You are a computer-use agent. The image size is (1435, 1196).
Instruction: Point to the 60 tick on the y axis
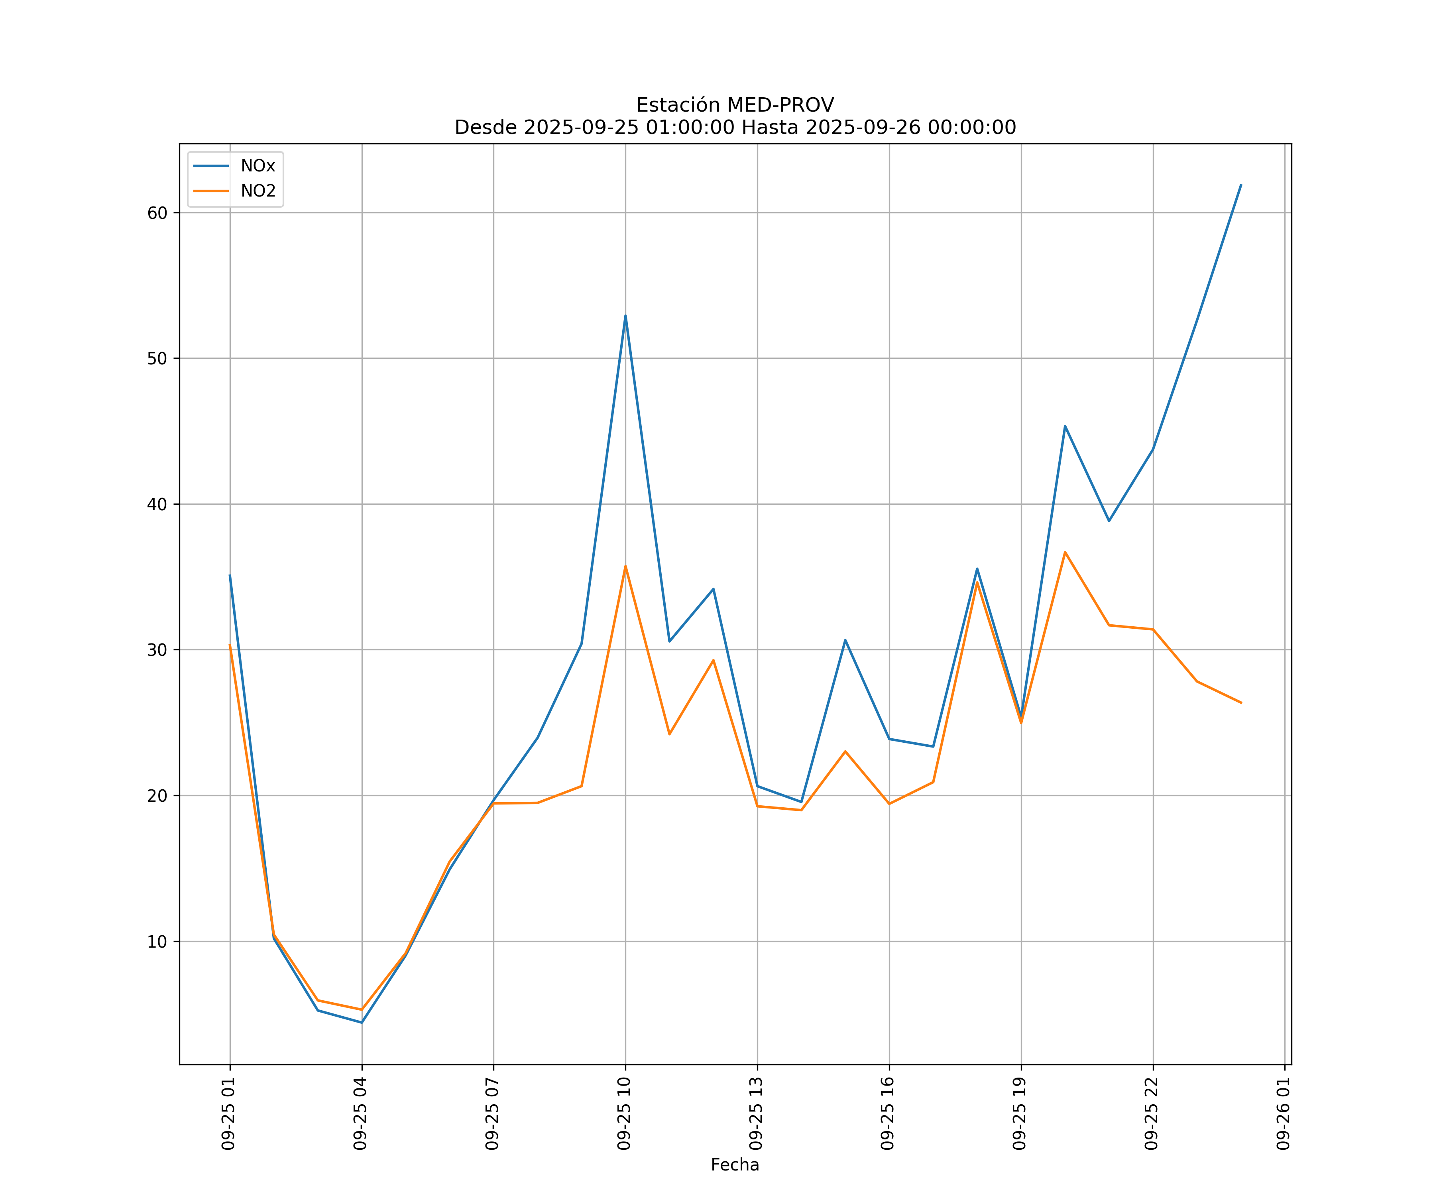157,212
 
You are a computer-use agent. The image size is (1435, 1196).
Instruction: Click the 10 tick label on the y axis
157,942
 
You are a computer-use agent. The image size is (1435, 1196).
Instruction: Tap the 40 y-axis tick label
157,504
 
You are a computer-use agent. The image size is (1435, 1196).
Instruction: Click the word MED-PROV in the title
780,105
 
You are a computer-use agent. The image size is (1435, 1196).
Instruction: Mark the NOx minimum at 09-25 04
362,1023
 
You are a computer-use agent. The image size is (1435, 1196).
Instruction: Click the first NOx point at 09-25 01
230,575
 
